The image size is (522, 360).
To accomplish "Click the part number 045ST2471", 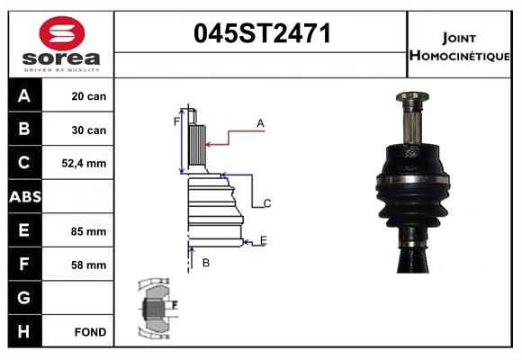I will [x=263, y=35].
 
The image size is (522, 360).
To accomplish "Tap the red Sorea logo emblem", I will [x=59, y=34].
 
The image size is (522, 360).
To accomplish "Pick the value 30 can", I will [x=89, y=130].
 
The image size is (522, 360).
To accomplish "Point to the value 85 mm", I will [x=89, y=231].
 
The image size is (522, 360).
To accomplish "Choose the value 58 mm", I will [x=89, y=265].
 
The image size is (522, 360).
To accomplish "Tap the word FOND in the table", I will [x=91, y=332].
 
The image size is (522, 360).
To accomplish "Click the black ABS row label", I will [x=24, y=197].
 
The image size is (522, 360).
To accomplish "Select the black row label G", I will [x=24, y=298].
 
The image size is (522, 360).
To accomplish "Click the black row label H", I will [x=24, y=332].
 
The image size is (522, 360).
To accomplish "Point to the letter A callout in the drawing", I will [x=260, y=123].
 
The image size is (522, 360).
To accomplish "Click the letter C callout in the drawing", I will [x=267, y=203].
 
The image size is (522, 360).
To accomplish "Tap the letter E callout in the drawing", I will [x=263, y=239].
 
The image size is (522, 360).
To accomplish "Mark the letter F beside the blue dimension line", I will [x=176, y=120].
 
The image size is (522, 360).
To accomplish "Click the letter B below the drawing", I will [x=206, y=263].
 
